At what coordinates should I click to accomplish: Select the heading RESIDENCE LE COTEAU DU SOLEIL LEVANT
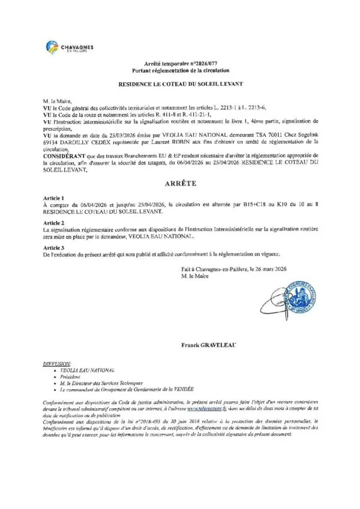coord(180,85)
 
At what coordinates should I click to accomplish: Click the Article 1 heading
coord(53,197)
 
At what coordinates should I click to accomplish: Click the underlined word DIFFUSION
coord(57,364)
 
